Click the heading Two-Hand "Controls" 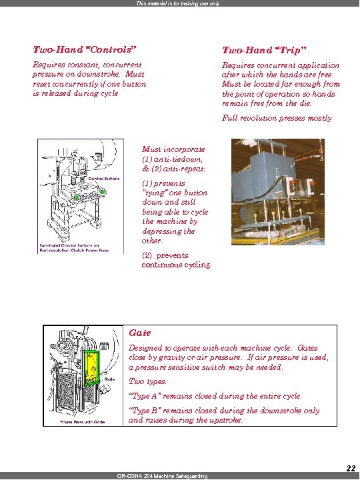click(84, 49)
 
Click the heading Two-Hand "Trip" click(264, 50)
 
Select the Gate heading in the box click(140, 333)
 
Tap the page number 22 click(351, 468)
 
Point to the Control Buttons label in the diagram click(104, 179)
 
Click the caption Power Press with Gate click(83, 422)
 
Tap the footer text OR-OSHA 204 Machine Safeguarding click(162, 476)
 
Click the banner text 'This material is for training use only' click(178, 3)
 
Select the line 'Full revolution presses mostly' click(277, 118)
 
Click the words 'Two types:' click(147, 381)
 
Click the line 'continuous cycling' click(176, 265)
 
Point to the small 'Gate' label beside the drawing click(109, 379)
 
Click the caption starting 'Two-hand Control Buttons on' click(69, 245)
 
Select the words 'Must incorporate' click(173, 149)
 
